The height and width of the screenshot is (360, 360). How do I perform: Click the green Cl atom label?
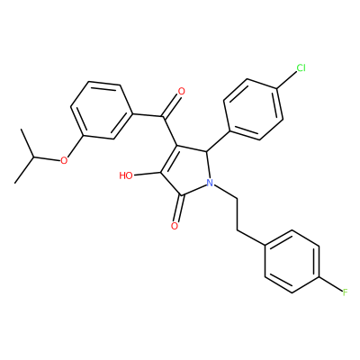click(x=301, y=68)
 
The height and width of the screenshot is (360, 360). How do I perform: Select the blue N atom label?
click(x=210, y=182)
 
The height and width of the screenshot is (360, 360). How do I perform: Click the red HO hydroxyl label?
click(x=126, y=175)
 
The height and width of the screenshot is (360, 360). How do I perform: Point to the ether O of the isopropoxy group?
click(x=63, y=161)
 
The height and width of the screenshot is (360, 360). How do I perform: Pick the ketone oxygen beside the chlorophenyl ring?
click(x=181, y=91)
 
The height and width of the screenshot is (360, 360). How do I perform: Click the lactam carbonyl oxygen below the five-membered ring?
click(x=175, y=226)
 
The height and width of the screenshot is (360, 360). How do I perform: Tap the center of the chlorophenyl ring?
click(x=254, y=110)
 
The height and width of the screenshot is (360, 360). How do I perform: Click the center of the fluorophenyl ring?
click(x=292, y=262)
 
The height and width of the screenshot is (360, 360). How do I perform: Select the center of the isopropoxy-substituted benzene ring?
click(x=102, y=110)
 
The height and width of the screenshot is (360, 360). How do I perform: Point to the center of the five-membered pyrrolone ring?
click(x=187, y=173)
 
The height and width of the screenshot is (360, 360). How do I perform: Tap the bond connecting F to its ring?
click(x=330, y=283)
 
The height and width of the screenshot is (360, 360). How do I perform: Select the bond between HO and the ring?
click(x=148, y=175)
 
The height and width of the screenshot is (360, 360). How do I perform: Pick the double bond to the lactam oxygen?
click(x=179, y=209)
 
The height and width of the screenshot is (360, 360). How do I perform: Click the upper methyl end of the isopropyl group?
click(x=22, y=130)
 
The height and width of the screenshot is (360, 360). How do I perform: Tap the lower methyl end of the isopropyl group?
click(x=15, y=183)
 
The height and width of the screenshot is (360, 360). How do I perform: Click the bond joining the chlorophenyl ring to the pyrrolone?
click(x=218, y=140)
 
